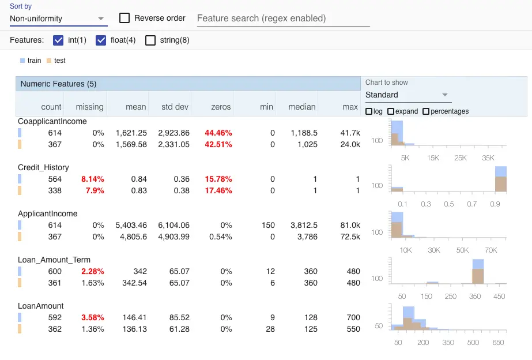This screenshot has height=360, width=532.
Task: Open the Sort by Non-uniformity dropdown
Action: [x=58, y=18]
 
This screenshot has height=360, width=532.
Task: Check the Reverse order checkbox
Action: [x=124, y=18]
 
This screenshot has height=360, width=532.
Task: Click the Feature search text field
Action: [x=282, y=18]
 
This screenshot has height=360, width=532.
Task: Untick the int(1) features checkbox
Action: [x=58, y=40]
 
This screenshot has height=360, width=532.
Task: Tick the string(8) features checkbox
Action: [x=150, y=40]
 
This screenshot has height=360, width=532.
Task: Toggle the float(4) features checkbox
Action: [x=101, y=40]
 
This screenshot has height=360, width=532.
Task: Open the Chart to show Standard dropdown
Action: [x=407, y=95]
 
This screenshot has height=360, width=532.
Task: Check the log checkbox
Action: [x=369, y=111]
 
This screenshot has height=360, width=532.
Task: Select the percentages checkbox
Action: [x=427, y=111]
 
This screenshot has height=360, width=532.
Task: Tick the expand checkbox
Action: [x=391, y=111]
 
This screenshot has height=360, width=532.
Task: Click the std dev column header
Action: [x=175, y=107]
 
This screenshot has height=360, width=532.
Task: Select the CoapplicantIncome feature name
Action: [x=52, y=121]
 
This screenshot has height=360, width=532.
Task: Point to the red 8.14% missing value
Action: [x=92, y=179]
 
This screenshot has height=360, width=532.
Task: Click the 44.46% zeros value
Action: [x=218, y=133]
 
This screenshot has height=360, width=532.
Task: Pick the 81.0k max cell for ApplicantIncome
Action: [x=350, y=225]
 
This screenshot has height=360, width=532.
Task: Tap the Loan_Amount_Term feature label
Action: [x=54, y=260]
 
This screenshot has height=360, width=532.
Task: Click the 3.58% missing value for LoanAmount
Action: [x=92, y=317]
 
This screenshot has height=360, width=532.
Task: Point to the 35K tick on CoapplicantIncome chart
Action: [x=488, y=157]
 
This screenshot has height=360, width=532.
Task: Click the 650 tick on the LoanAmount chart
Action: [x=499, y=342]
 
